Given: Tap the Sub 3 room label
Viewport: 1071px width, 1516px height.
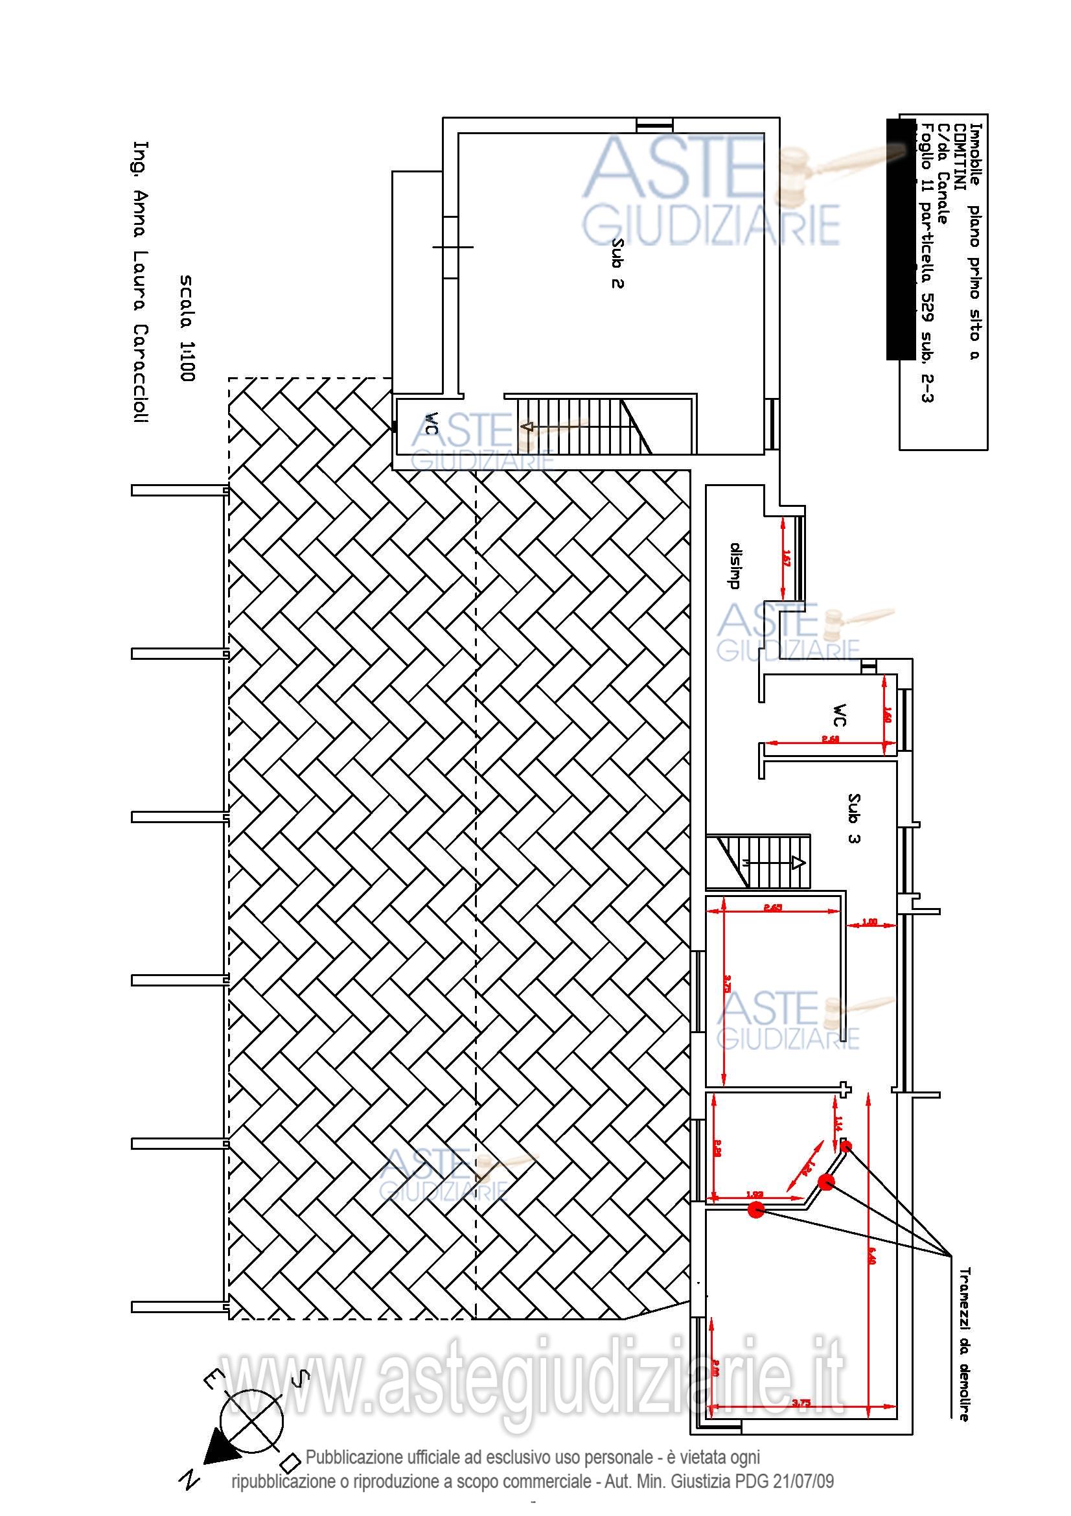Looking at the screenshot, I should point(853,818).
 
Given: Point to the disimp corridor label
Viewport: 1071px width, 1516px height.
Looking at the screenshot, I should point(735,565).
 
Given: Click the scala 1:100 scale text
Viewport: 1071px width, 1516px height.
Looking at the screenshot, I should point(187,328).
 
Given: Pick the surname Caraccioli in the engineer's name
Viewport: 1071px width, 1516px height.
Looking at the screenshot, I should point(141,373).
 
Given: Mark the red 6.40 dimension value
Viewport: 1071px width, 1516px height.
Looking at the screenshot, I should point(872,1256).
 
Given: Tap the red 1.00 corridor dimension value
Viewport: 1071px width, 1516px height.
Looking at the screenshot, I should point(869,922).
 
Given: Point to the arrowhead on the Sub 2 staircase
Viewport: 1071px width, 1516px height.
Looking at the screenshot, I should point(527,426).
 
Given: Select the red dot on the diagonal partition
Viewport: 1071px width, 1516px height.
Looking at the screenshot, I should point(826,1182).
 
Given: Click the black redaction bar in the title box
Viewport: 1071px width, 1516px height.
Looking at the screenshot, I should point(900,238).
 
